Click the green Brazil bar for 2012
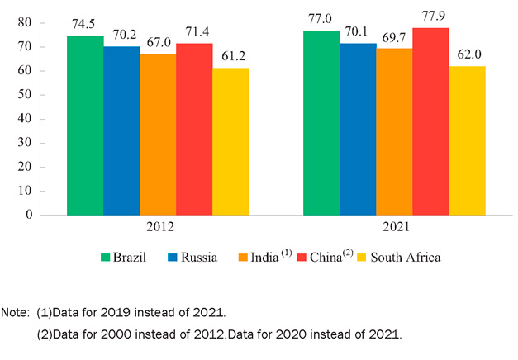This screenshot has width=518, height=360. tap(85, 126)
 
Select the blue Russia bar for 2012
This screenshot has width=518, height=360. tap(121, 130)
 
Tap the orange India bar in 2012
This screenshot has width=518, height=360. tap(158, 135)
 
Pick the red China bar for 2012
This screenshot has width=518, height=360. tap(194, 129)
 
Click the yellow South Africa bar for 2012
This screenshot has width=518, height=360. tap(230, 141)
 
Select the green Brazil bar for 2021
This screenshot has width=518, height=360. tap(321, 122)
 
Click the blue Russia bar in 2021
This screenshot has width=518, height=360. tap(358, 129)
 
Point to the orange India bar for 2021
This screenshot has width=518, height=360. tap(394, 131)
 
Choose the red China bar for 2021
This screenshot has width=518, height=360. tap(430, 121)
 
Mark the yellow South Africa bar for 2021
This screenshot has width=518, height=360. tap(467, 140)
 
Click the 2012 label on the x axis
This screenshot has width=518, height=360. tap(157, 226)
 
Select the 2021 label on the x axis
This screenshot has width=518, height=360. tap(394, 226)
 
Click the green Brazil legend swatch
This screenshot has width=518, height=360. tap(107, 257)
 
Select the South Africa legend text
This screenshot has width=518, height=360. tap(406, 257)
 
